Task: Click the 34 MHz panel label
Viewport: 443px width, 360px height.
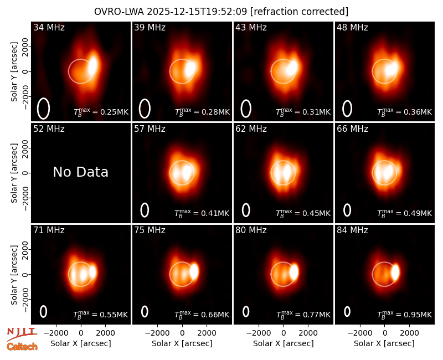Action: [x=49, y=27]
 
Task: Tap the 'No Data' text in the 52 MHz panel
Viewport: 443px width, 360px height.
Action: [x=81, y=172]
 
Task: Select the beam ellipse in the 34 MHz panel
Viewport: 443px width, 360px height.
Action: [x=43, y=109]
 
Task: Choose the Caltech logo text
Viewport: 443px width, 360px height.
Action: [x=22, y=347]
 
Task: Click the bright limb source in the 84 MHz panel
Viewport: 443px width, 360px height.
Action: [x=395, y=272]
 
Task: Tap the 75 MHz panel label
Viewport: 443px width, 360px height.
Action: [x=150, y=230]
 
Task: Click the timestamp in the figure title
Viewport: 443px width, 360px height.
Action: [x=197, y=12]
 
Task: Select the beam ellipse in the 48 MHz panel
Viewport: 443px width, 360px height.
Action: [x=347, y=109]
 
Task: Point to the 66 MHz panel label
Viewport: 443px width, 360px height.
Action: [x=352, y=129]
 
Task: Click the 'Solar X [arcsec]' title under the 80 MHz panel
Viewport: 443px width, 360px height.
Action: [x=284, y=343]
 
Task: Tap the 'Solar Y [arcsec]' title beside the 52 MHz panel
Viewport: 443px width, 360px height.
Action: [x=14, y=173]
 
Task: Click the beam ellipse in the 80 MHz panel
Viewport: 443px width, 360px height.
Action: [x=246, y=312]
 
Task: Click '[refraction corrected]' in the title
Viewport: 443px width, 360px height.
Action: [x=299, y=12]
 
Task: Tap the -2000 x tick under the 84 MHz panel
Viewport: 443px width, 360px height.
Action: [x=359, y=333]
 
